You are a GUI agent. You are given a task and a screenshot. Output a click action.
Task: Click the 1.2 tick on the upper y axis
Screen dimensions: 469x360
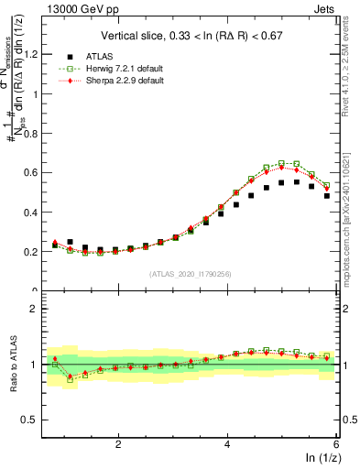tap(36, 54)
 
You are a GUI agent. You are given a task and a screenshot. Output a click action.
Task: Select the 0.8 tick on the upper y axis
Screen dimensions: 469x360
tap(36, 133)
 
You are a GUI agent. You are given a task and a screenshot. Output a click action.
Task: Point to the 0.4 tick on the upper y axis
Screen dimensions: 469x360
tap(36, 212)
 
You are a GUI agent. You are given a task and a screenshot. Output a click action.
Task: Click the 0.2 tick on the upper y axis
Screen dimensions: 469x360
tap(36, 251)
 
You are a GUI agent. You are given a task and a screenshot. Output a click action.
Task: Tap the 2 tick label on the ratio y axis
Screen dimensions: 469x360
tap(40, 309)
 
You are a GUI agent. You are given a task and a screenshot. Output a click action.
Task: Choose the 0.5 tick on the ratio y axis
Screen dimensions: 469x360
tap(36, 420)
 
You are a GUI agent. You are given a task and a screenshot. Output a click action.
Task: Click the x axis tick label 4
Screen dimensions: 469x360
tap(227, 443)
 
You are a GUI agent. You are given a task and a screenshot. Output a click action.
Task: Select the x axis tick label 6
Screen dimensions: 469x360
tap(335, 443)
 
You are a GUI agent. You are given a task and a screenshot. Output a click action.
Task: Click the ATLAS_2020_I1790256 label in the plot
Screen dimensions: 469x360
tap(190, 273)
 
